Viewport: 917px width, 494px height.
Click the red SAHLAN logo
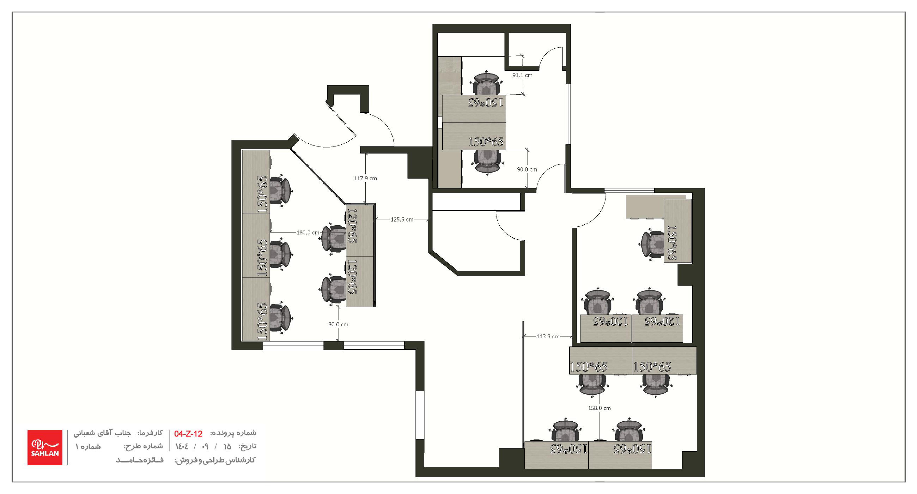45,447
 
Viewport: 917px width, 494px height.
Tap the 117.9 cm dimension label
365,178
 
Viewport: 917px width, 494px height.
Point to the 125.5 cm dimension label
402,219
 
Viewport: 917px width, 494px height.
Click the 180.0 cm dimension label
308,233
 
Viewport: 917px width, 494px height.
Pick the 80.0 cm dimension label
338,324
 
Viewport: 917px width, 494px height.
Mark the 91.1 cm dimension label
522,75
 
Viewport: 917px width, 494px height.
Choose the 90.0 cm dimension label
527,170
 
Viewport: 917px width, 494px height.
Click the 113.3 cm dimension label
548,336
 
